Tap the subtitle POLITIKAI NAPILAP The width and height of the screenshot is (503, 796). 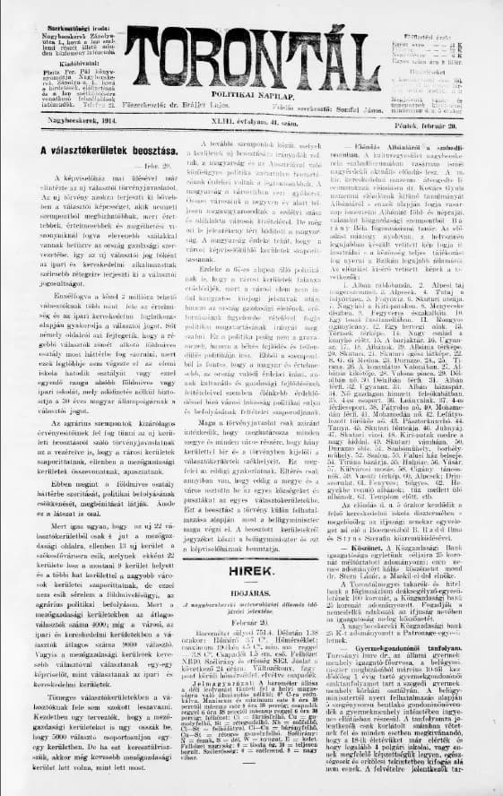(x=254, y=92)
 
